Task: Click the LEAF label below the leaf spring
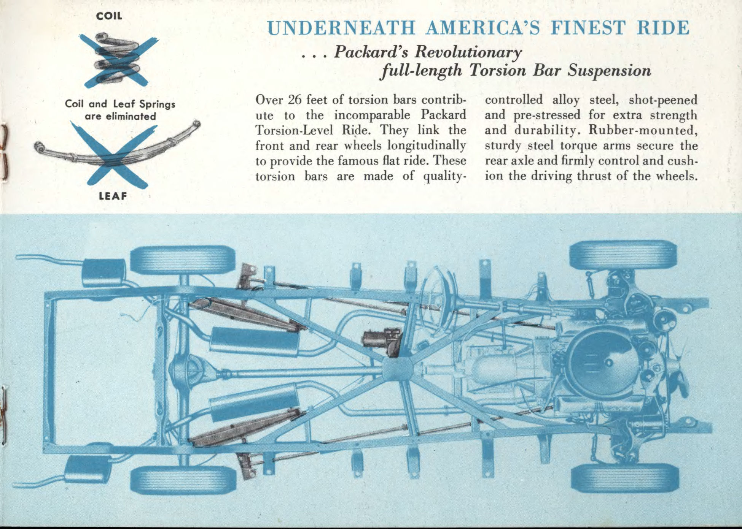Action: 113,197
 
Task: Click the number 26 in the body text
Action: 295,100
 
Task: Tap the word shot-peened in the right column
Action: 663,100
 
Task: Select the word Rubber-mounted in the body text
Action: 643,131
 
